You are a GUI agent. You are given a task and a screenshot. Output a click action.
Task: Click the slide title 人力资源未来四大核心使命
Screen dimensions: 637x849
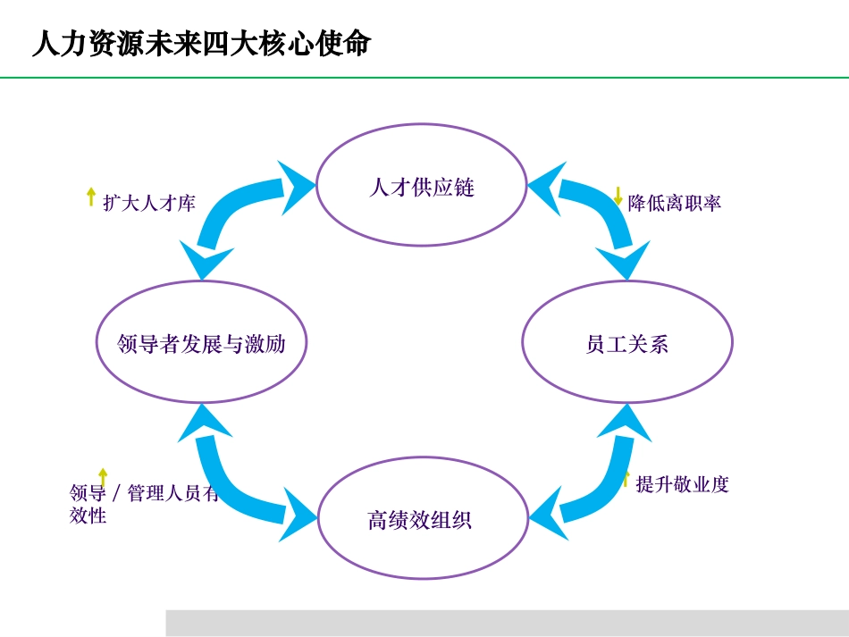(x=201, y=44)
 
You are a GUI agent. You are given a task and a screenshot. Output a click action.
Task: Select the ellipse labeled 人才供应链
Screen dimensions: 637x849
(x=422, y=187)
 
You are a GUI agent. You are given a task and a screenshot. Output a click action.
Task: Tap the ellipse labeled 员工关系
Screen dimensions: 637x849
(x=626, y=343)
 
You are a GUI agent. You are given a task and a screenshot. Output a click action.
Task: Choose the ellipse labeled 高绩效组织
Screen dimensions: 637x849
(x=422, y=520)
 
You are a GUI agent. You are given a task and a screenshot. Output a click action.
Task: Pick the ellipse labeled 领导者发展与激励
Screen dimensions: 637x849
(x=202, y=343)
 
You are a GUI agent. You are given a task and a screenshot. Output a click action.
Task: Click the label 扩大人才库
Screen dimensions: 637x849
(x=148, y=204)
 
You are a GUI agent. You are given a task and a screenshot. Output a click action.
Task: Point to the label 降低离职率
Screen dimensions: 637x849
(x=675, y=204)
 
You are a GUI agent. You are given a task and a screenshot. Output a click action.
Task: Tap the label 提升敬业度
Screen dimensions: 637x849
(x=682, y=485)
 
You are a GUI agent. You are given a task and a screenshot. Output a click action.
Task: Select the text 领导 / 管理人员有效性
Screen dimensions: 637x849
(x=143, y=503)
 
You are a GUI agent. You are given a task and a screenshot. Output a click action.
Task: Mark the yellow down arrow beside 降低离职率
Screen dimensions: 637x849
(x=618, y=197)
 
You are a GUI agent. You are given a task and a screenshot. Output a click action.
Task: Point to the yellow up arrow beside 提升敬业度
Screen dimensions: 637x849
(x=626, y=479)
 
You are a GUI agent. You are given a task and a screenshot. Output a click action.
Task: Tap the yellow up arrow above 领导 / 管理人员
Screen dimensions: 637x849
(x=103, y=476)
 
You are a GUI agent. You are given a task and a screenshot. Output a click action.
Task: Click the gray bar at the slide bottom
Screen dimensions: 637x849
(x=507, y=623)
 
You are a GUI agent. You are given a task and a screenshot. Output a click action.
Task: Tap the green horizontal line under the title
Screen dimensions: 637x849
(x=424, y=78)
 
